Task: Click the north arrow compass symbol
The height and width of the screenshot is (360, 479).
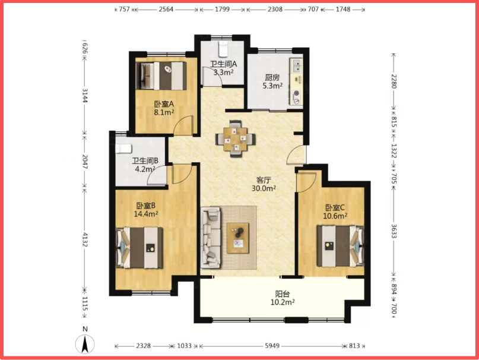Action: [85, 344]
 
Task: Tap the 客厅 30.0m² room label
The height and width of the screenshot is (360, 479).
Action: [264, 184]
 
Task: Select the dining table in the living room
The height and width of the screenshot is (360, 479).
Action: [235, 139]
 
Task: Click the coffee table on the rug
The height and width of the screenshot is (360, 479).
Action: [237, 238]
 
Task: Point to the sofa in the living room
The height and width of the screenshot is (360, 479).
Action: [211, 238]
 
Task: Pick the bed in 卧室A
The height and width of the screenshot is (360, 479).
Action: [161, 76]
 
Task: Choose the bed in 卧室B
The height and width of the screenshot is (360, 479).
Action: [139, 248]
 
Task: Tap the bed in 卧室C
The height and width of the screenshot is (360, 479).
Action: [340, 246]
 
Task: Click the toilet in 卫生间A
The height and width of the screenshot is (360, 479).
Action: [223, 49]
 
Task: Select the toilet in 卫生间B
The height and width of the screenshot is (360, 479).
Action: [123, 149]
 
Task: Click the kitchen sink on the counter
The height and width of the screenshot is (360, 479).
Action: [296, 66]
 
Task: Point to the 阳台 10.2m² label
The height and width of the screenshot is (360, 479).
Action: [283, 298]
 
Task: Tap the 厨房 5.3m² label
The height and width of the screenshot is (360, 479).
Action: [272, 81]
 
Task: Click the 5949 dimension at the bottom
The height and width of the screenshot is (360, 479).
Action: [272, 346]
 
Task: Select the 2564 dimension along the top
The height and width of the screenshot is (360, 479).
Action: [166, 10]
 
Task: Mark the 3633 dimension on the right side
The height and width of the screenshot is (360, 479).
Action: [394, 231]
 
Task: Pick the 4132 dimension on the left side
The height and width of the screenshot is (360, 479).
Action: [85, 240]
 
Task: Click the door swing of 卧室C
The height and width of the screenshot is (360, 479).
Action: [306, 182]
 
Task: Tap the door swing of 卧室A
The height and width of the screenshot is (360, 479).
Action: [183, 125]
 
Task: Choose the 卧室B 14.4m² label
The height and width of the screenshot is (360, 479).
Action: [146, 210]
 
